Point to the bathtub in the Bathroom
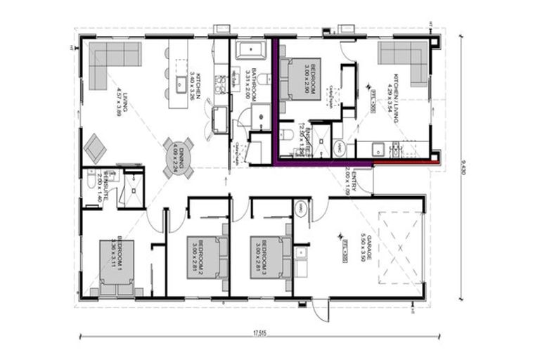pyautogui.click(x=248, y=50)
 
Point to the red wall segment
pyautogui.click(x=406, y=163)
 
